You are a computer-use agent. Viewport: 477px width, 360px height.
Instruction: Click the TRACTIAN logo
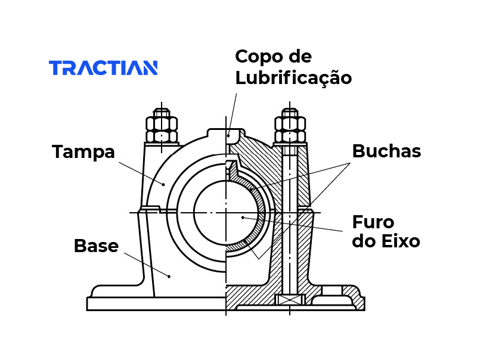(103, 67)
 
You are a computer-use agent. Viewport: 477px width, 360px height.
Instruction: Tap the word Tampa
(83, 152)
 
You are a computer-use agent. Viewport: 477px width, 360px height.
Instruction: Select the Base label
(96, 246)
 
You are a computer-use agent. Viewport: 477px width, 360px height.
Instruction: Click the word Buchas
(386, 151)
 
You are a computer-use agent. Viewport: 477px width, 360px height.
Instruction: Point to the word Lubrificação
(293, 79)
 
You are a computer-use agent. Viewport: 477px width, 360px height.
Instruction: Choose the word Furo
(373, 222)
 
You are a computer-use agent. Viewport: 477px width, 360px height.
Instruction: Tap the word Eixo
(401, 241)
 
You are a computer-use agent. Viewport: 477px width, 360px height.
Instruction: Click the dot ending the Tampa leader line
(163, 184)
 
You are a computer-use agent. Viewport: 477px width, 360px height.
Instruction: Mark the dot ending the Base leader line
(169, 277)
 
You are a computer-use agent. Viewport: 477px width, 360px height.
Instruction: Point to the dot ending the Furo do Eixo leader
(243, 218)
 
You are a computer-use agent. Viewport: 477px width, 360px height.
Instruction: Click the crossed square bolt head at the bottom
(290, 300)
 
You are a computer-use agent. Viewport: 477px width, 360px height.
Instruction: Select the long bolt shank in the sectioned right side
(290, 219)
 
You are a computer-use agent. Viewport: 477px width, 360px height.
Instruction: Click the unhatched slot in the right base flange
(332, 290)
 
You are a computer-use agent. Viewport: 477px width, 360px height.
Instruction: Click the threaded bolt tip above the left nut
(162, 113)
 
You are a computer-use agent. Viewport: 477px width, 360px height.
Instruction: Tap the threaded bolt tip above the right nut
(290, 113)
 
